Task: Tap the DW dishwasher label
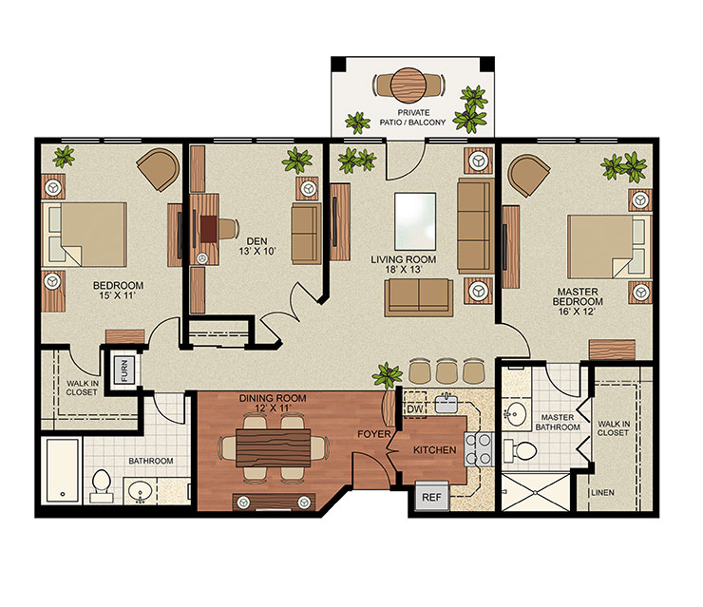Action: pyautogui.click(x=414, y=408)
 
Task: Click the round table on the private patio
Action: pyautogui.click(x=410, y=85)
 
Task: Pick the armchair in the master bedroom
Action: pyautogui.click(x=527, y=175)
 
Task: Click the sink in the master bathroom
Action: pyautogui.click(x=518, y=414)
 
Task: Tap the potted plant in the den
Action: pyautogui.click(x=292, y=160)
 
